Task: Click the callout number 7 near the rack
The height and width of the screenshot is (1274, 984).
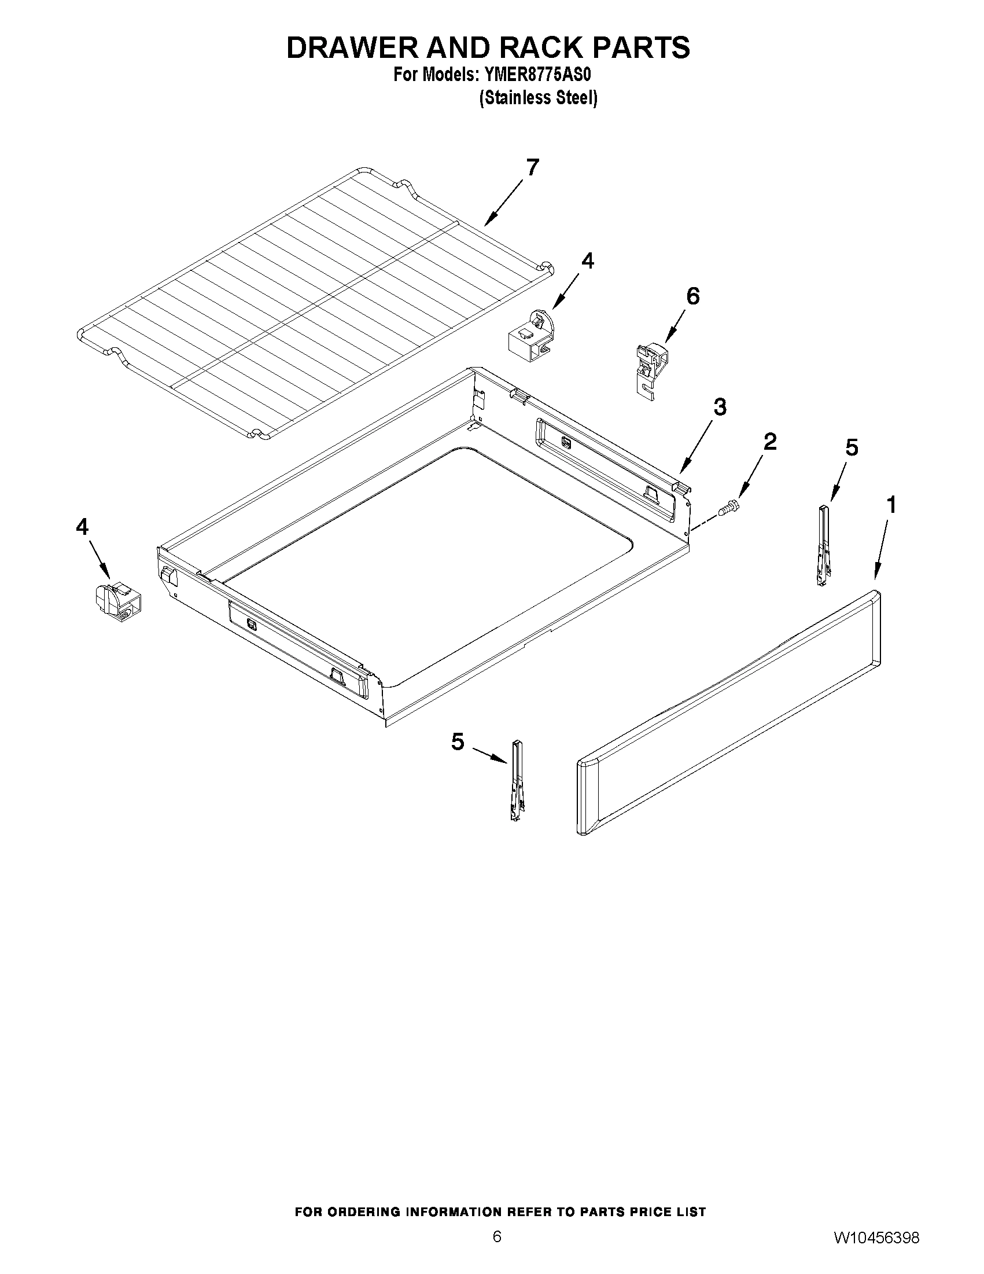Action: (x=532, y=167)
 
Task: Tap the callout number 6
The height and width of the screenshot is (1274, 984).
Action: (x=692, y=296)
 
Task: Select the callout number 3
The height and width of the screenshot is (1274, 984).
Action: (x=720, y=406)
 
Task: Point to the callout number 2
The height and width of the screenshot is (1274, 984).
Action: (x=769, y=442)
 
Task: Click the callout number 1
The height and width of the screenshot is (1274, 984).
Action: (x=891, y=505)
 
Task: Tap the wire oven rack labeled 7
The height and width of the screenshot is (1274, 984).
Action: (x=315, y=303)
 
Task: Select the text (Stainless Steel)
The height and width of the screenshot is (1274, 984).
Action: (x=537, y=98)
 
